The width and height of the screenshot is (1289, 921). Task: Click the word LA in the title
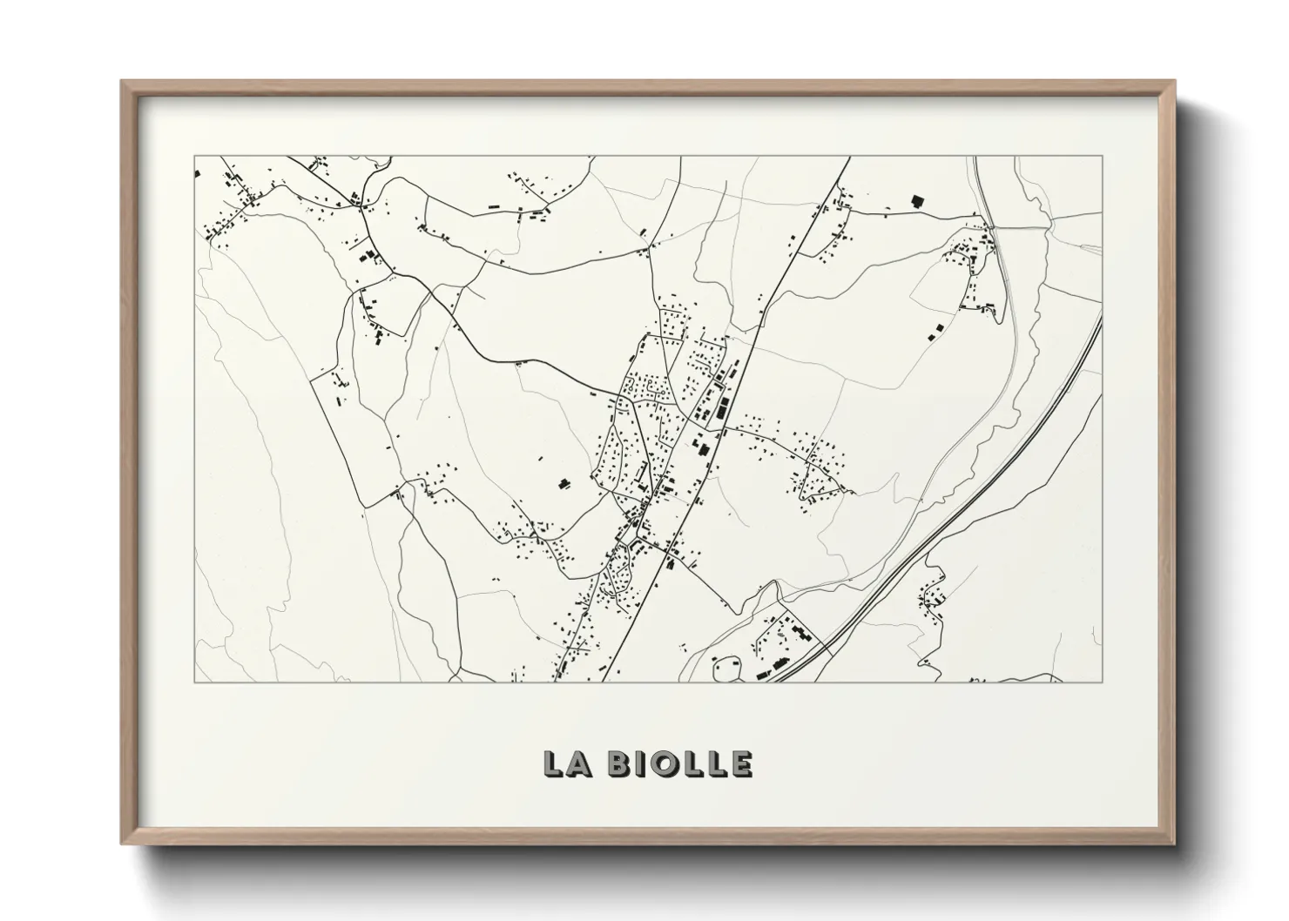pos(568,763)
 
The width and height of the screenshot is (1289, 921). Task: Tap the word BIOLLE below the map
pos(679,763)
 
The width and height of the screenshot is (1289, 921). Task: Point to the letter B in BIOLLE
pos(620,763)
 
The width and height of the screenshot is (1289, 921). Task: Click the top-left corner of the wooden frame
pos(122,82)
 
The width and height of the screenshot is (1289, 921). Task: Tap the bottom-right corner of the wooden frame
pos(1173,843)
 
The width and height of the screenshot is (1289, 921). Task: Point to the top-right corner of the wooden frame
pos(1173,82)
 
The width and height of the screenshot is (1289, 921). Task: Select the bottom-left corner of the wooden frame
pos(122,843)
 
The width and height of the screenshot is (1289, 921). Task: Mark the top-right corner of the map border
pos(1102,157)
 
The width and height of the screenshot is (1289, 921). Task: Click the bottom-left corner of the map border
pos(194,682)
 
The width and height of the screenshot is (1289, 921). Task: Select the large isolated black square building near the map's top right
pos(916,200)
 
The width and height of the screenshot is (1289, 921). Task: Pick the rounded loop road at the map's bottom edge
pos(725,669)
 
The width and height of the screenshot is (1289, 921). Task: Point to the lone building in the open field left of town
pos(563,483)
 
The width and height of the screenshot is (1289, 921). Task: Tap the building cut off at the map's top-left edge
pos(197,174)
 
